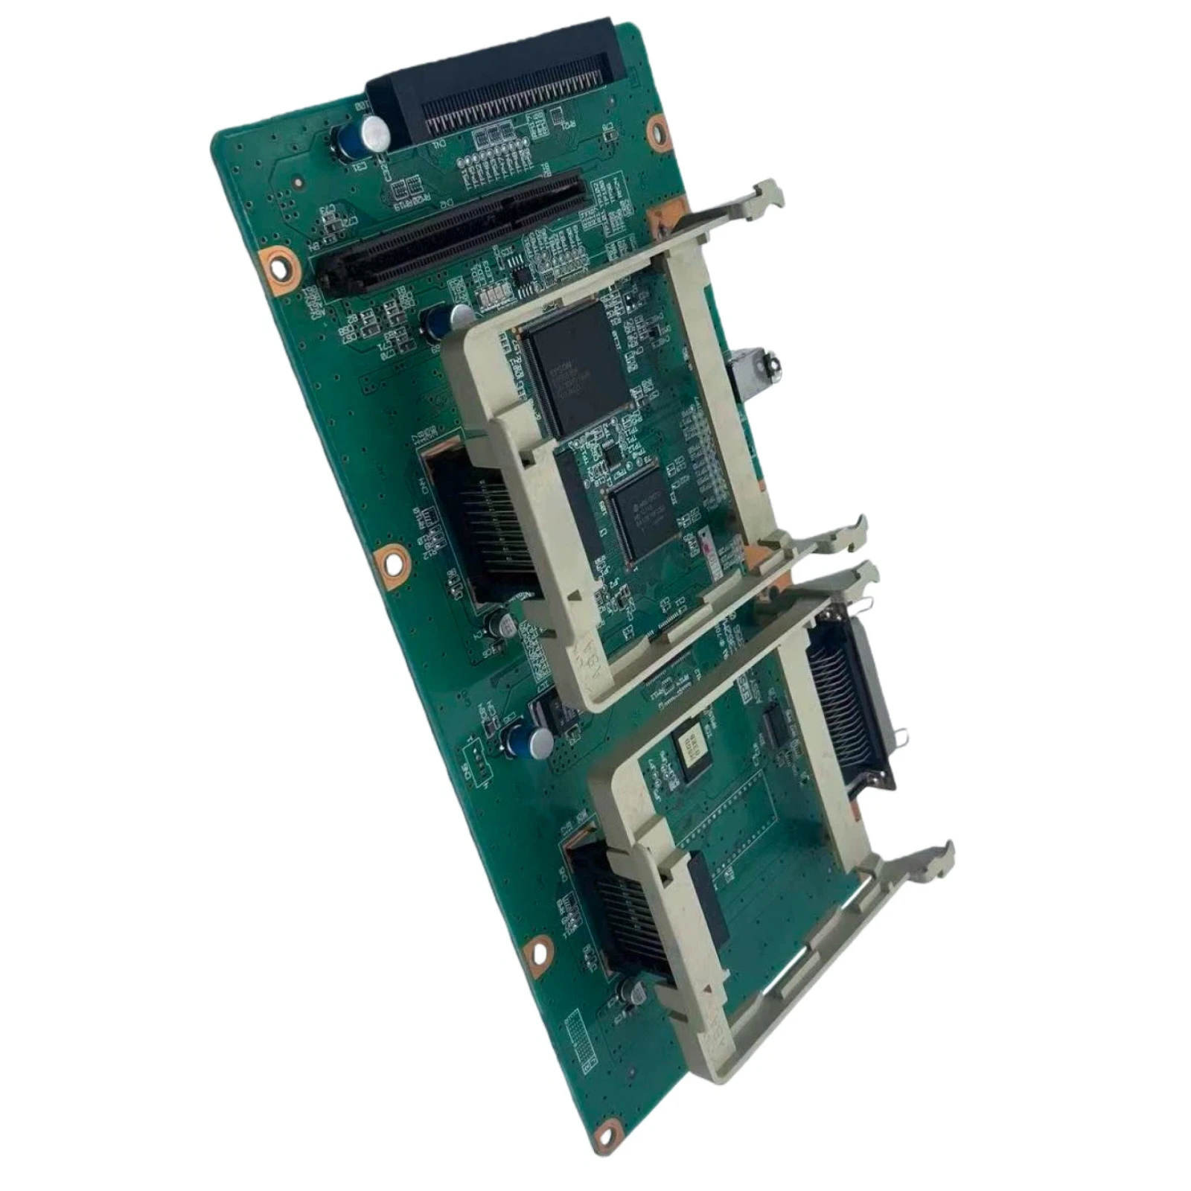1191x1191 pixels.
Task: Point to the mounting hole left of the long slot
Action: pyautogui.click(x=277, y=262)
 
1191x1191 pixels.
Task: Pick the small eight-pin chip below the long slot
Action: pyautogui.click(x=527, y=277)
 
